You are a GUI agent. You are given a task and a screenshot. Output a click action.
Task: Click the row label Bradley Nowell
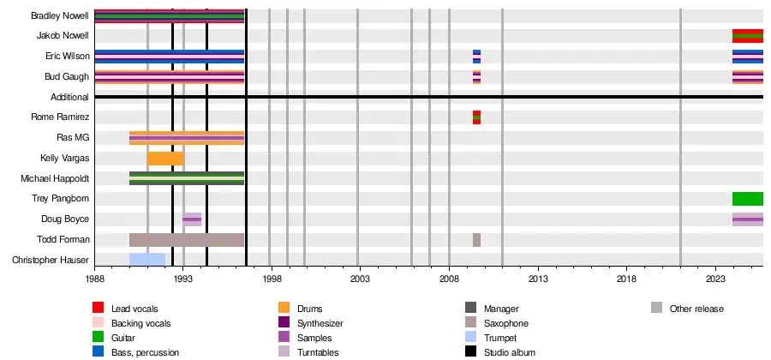(59, 16)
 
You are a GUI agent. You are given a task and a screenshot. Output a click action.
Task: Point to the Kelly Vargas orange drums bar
(164, 159)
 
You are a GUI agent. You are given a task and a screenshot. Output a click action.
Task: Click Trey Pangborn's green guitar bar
(747, 199)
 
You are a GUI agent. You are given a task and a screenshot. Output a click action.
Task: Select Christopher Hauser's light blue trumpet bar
(146, 260)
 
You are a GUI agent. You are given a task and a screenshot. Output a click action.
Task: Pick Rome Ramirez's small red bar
(476, 117)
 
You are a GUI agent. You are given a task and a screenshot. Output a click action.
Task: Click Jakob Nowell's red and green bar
(747, 36)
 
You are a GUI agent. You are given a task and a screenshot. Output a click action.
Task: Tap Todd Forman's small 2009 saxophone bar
(476, 240)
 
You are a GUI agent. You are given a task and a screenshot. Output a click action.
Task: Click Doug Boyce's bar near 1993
(192, 219)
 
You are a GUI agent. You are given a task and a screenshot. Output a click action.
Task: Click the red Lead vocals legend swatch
(99, 308)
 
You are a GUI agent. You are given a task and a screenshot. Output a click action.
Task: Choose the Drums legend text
(310, 309)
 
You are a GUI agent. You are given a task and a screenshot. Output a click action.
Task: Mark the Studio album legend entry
(508, 351)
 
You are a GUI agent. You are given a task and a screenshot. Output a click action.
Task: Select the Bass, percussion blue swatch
(99, 351)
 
